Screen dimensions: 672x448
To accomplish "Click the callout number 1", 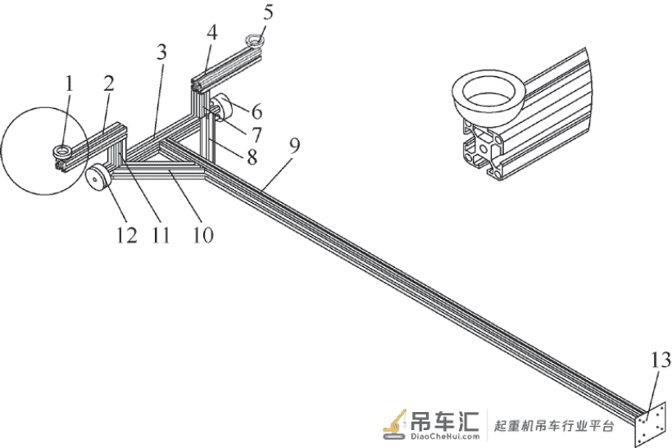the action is (69, 84).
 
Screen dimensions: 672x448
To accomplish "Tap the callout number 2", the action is (109, 83).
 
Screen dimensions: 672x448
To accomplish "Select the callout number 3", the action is (161, 52).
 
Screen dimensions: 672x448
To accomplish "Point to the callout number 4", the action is (211, 33).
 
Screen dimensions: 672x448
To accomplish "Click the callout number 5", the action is (268, 12).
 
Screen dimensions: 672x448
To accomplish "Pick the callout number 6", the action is (257, 111).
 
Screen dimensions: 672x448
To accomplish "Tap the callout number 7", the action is (257, 135).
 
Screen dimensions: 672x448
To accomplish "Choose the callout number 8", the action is (252, 157).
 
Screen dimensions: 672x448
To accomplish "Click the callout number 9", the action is (294, 146).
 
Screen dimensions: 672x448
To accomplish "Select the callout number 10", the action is (202, 235).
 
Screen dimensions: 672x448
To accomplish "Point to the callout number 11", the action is (161, 235).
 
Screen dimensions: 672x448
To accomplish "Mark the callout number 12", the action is (127, 235).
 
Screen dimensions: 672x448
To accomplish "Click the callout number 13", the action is (661, 360).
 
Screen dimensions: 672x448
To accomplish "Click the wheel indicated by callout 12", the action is (98, 178).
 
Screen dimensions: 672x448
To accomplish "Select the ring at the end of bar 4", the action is (255, 41).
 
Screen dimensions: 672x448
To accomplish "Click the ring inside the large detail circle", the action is (63, 152).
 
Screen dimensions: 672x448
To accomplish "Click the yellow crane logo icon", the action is (395, 423).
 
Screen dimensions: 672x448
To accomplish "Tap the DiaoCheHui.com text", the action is (445, 437).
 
